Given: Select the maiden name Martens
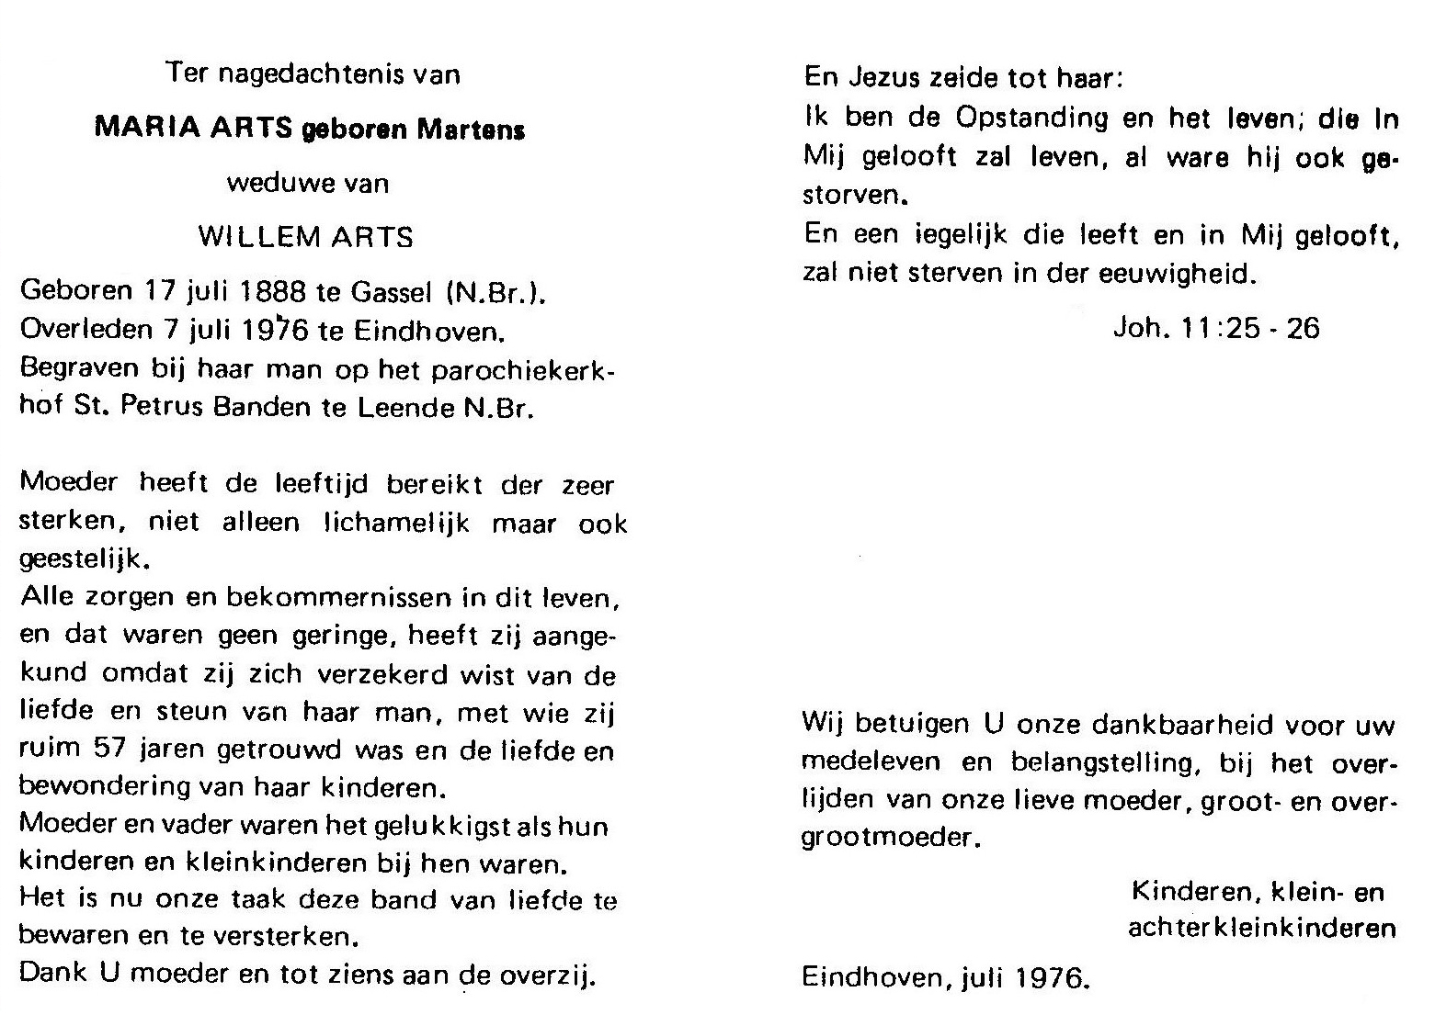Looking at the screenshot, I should point(472,130).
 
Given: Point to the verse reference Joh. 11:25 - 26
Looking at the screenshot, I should point(1216,329).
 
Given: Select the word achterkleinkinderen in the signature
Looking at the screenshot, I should point(1261,929).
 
